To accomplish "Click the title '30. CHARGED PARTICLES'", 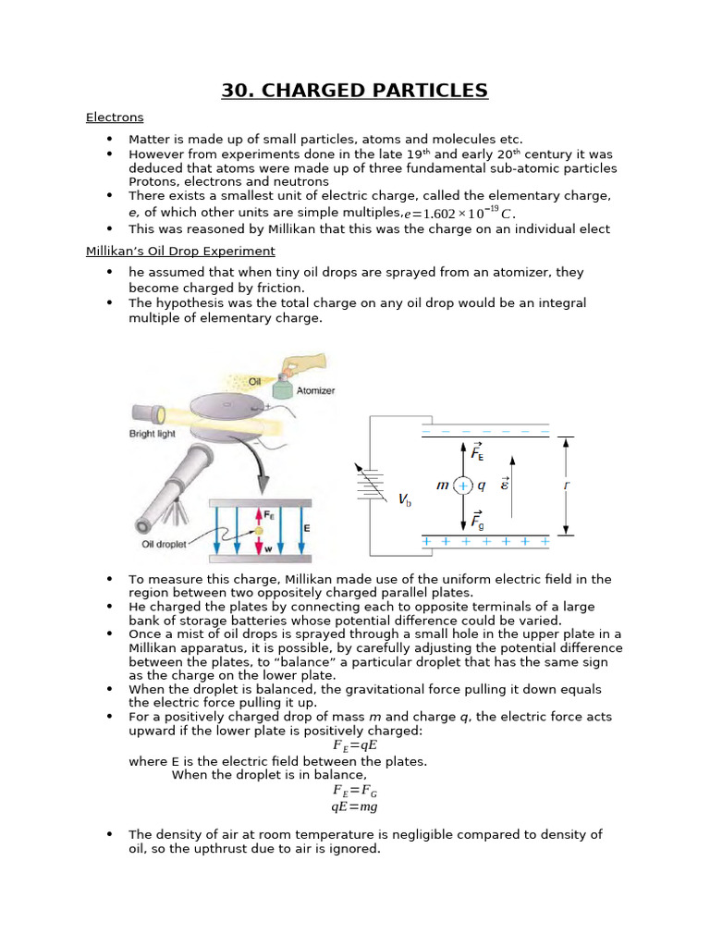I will [355, 90].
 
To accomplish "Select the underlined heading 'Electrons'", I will [115, 117].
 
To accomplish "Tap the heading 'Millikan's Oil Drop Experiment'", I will [180, 251].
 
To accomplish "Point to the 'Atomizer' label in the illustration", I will [315, 390].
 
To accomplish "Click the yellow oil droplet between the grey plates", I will [260, 530].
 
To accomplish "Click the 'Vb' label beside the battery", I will [405, 499].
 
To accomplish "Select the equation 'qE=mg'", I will [354, 806].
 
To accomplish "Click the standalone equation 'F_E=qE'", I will [354, 745].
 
